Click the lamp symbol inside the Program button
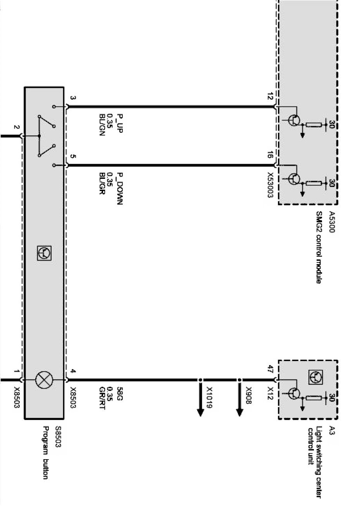(44, 380)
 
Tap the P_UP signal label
(120, 123)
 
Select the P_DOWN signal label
(120, 189)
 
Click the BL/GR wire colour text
(102, 184)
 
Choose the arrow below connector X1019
(200, 400)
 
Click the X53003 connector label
(270, 185)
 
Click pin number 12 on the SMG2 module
(270, 96)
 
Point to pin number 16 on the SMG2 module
(270, 155)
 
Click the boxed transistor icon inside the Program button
(44, 253)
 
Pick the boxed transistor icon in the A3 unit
(315, 377)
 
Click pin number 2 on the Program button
(16, 127)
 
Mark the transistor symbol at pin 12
(295, 120)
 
